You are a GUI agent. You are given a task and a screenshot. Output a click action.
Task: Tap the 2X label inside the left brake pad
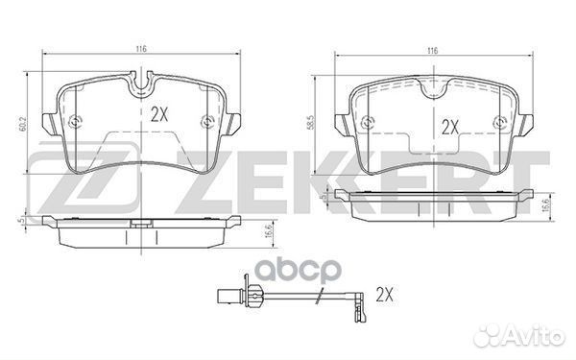[159, 112]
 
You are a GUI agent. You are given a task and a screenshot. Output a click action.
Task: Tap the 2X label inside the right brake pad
[450, 127]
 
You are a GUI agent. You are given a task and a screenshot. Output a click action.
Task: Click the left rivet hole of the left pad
[77, 121]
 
